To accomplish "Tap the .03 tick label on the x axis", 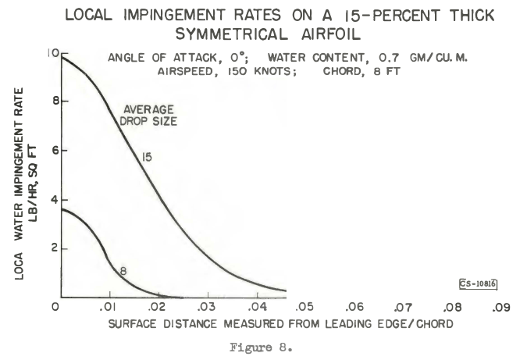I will [x=207, y=307].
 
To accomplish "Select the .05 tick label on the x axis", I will [x=304, y=307].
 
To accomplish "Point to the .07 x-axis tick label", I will [x=403, y=307].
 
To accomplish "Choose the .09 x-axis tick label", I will [x=500, y=307].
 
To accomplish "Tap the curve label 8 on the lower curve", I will [x=123, y=270].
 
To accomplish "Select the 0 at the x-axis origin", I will [x=55, y=307].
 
